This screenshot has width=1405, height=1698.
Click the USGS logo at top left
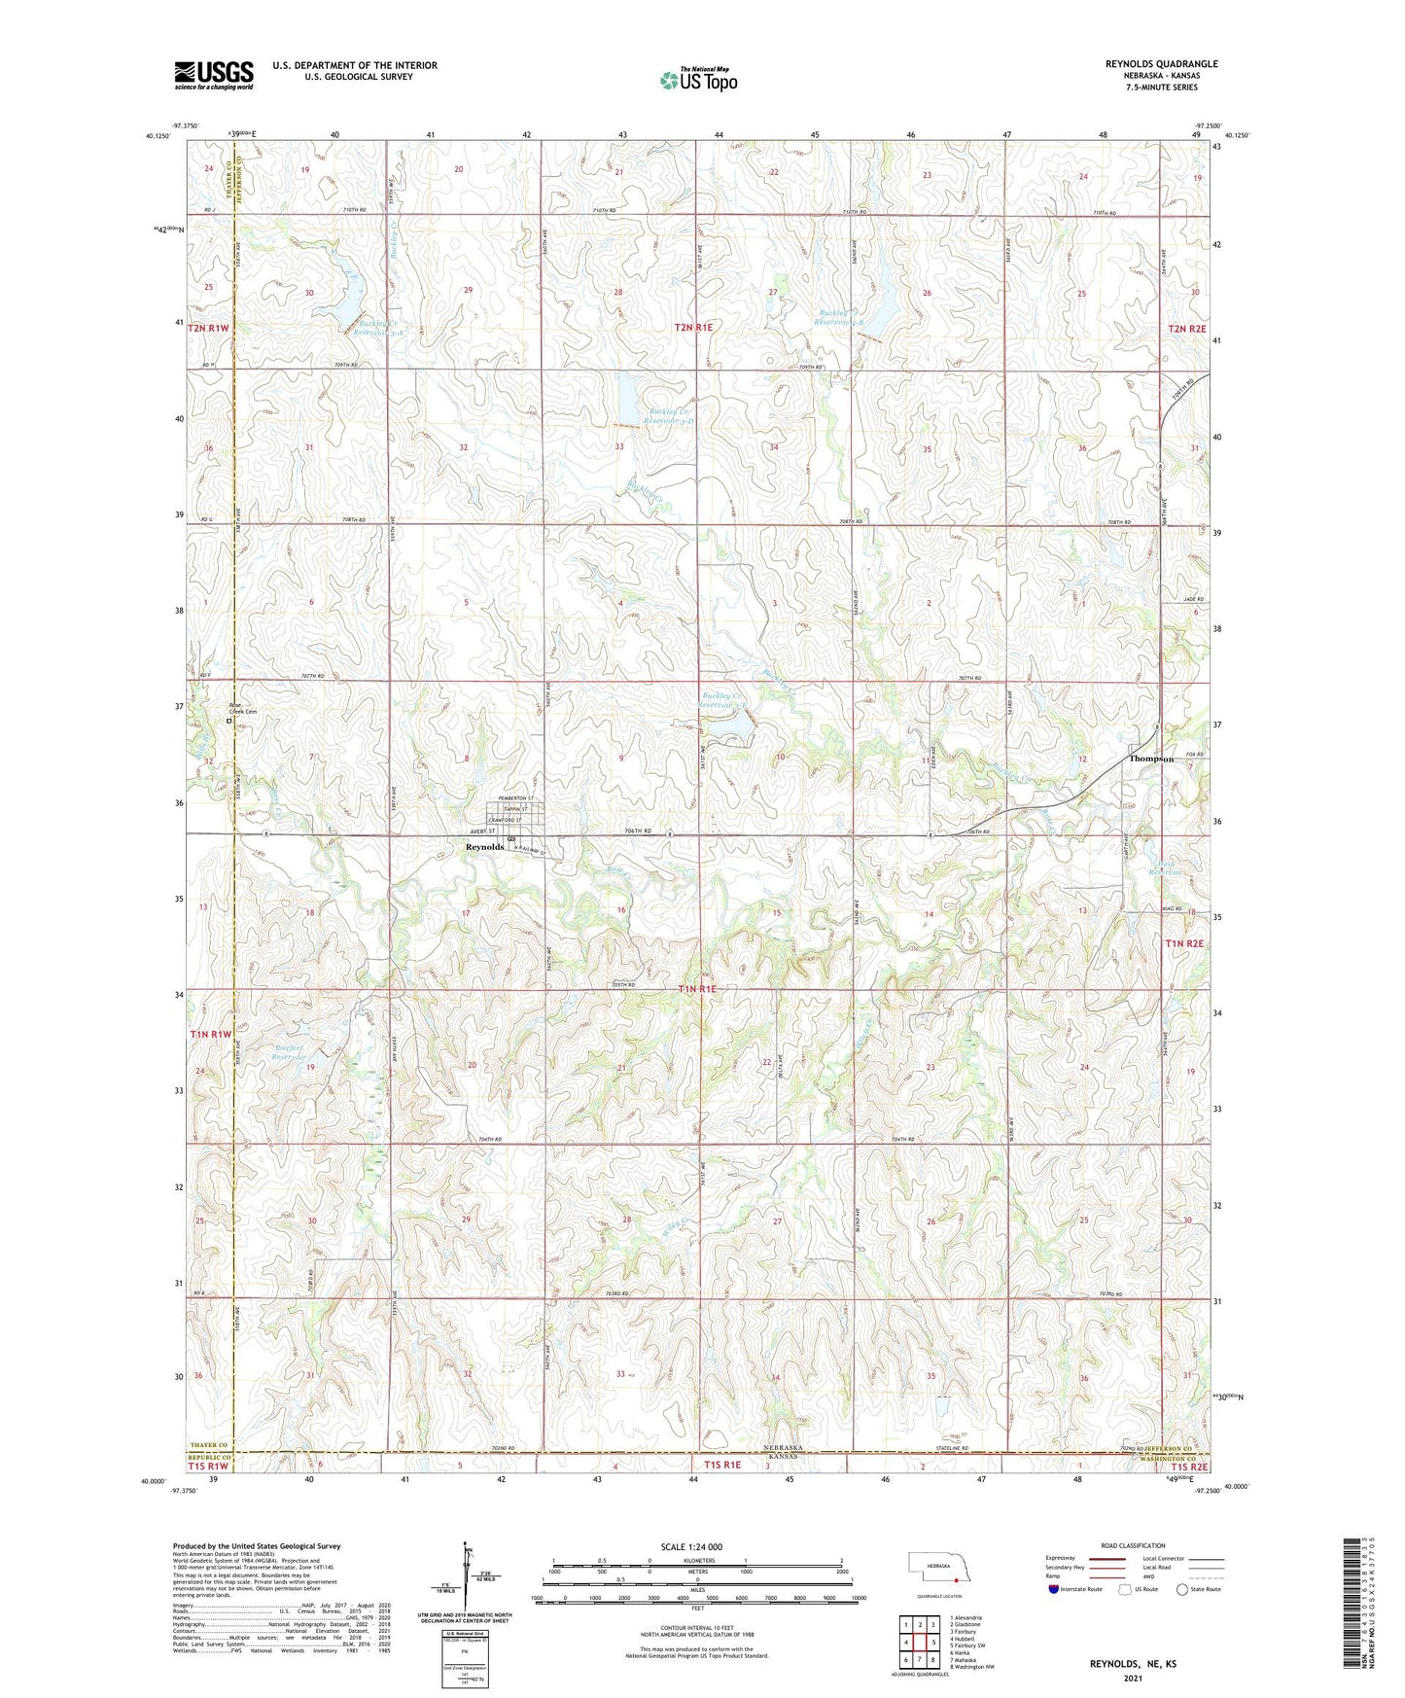point(213,75)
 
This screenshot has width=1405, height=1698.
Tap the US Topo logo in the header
point(697,80)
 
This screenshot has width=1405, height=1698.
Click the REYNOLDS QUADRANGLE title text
point(1161,64)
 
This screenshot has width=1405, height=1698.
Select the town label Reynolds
point(484,847)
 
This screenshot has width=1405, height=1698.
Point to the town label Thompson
point(1151,759)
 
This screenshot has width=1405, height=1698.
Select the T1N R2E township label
point(1184,943)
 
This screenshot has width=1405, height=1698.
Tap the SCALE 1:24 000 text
point(691,1546)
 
